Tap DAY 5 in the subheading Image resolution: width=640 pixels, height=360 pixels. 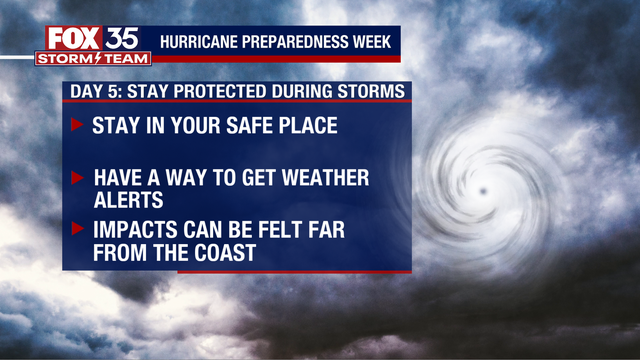pyautogui.click(x=93, y=91)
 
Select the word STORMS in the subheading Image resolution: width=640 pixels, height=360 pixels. pyautogui.click(x=374, y=91)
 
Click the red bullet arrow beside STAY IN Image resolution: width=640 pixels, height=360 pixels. pyautogui.click(x=77, y=126)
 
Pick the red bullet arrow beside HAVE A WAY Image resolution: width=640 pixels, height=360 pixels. pyautogui.click(x=77, y=178)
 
